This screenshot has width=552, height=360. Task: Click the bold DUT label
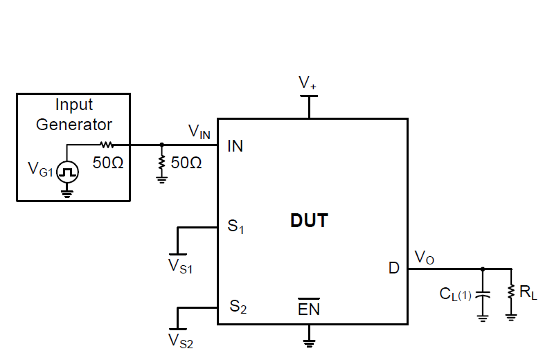[309, 222]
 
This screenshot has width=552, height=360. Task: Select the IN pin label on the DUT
[235, 146]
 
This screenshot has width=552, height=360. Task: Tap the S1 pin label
[236, 227]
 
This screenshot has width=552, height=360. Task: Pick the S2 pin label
[238, 307]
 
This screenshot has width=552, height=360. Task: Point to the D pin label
[393, 269]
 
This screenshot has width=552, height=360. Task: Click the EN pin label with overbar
[309, 309]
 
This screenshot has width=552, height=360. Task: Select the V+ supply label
[308, 83]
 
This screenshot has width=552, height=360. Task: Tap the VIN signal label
[199, 131]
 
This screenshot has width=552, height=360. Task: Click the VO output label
[425, 257]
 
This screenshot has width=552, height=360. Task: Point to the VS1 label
[181, 265]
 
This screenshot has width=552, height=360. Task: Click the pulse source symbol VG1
[67, 170]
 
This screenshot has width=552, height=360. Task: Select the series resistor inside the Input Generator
[106, 145]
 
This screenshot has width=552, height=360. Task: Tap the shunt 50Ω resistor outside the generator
[161, 163]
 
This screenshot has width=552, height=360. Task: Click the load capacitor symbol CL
[483, 294]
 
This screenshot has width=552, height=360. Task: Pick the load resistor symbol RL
[511, 292]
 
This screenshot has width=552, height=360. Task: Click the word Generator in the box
[74, 125]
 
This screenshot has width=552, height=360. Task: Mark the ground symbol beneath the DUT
[310, 341]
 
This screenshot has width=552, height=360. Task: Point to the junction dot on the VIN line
[161, 145]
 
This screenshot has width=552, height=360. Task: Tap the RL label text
[529, 294]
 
